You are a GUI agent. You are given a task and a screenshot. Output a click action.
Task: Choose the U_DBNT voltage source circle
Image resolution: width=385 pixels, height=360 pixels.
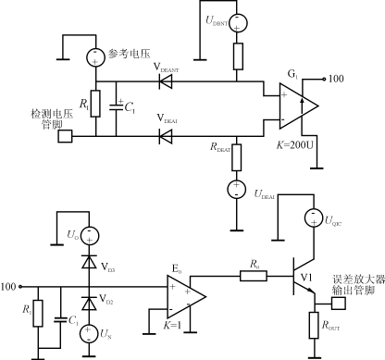pyautogui.click(x=236, y=21)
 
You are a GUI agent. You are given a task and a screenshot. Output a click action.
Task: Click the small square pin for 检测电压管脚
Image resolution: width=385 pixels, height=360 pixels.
pyautogui.click(x=66, y=137)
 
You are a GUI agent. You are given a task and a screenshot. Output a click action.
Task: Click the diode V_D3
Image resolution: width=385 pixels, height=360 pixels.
pyautogui.click(x=88, y=266)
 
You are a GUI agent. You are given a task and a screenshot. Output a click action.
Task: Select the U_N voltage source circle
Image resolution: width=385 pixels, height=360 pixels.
pyautogui.click(x=88, y=331)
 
